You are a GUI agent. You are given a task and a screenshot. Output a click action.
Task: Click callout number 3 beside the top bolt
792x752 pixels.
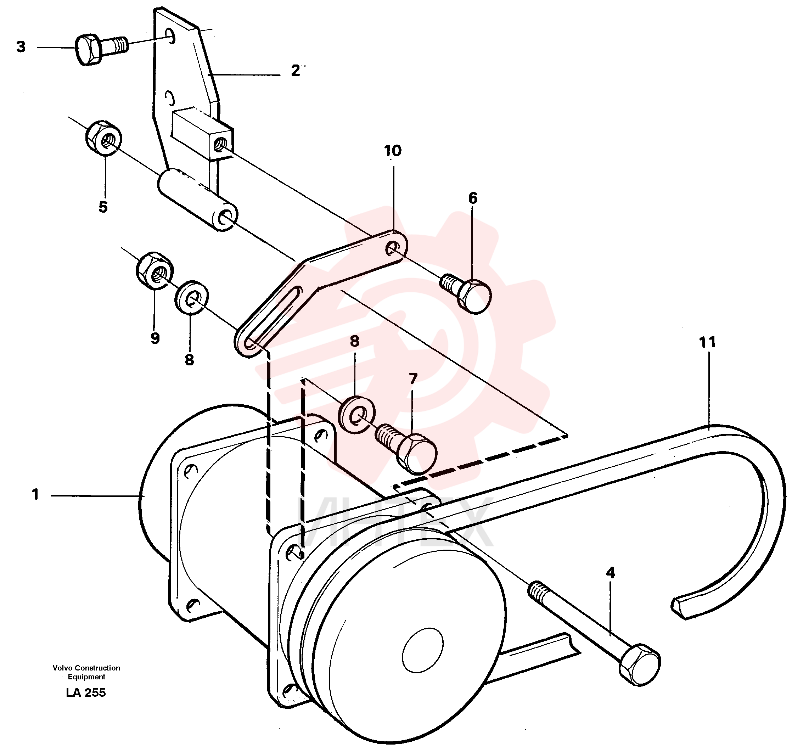[21, 47]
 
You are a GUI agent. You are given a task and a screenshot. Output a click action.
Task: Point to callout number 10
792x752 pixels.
[392, 151]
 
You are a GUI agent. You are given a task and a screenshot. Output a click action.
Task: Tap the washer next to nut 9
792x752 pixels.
[192, 298]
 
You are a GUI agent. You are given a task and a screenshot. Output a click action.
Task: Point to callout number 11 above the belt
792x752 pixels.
[707, 342]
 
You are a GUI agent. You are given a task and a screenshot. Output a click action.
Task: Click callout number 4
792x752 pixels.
[611, 572]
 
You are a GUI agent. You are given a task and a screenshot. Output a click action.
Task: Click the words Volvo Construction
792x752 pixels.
[86, 668]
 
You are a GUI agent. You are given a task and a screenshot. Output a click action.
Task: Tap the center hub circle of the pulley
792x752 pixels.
[423, 650]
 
